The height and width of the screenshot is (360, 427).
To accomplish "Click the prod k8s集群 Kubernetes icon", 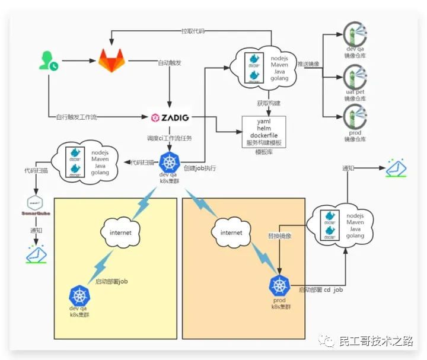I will click(x=278, y=286).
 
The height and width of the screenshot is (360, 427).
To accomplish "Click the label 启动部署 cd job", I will click(x=320, y=289).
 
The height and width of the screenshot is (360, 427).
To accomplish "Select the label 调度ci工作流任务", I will click(x=170, y=138).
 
